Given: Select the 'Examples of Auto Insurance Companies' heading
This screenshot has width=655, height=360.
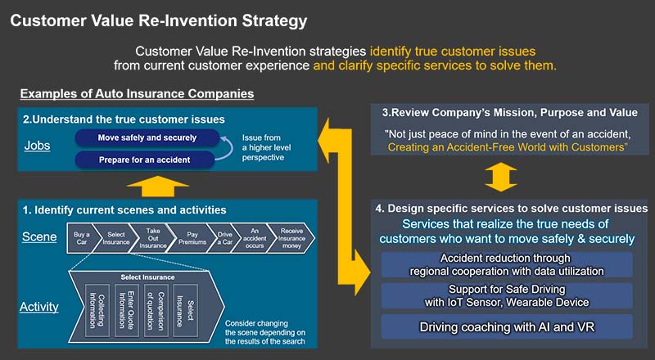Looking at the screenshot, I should pos(137,94).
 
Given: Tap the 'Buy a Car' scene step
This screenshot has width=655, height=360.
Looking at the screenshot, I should pos(82,237).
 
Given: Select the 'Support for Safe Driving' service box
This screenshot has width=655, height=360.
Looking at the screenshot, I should pos(507,295).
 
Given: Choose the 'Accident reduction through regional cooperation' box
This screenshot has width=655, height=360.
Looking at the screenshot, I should pos(507,264).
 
